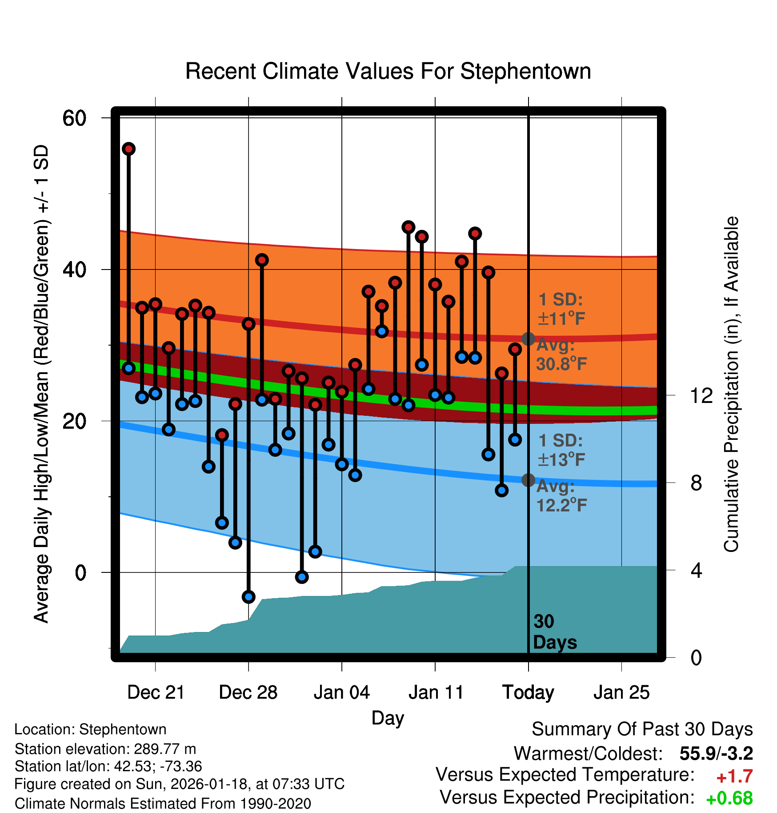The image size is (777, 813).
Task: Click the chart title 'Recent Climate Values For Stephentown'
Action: [388, 71]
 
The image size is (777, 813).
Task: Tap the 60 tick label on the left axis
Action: [74, 118]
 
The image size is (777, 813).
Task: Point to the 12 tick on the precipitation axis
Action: [701, 395]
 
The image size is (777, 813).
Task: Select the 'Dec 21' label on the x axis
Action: [156, 692]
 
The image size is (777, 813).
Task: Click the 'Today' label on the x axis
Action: [528, 692]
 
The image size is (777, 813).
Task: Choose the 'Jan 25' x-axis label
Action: [621, 692]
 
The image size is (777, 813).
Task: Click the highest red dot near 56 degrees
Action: [128, 149]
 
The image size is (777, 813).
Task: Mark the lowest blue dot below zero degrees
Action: [248, 597]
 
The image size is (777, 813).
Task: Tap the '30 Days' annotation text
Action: [554, 632]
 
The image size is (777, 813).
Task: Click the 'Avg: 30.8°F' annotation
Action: [561, 354]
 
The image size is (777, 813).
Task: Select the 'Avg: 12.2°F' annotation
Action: [561, 495]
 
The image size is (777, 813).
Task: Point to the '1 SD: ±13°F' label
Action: [561, 450]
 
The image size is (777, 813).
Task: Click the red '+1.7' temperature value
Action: [734, 777]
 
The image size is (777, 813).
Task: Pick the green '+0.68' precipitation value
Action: [729, 798]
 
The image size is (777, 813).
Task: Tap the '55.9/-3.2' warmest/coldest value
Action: [716, 753]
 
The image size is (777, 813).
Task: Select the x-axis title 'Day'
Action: [388, 718]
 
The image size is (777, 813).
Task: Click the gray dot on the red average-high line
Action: [528, 339]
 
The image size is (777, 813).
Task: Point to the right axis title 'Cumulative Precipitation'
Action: [731, 384]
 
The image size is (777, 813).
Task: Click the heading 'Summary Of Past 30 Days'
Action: [642, 729]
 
